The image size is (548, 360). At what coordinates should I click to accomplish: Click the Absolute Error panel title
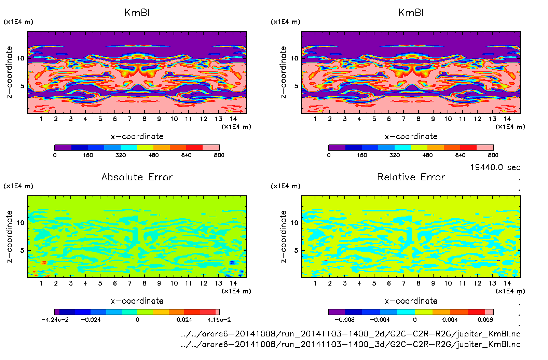click(x=137, y=177)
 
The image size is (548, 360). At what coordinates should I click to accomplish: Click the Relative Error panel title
click(x=411, y=177)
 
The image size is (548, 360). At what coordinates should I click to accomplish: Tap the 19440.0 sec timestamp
click(x=495, y=167)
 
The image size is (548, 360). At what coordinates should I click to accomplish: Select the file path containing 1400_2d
click(x=351, y=334)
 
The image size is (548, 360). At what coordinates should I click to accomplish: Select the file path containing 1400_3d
click(x=351, y=344)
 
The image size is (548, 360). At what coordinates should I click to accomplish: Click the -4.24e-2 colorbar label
click(x=55, y=320)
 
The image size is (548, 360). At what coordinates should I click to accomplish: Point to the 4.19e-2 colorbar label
click(x=219, y=320)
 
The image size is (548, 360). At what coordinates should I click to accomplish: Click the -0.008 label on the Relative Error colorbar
click(x=344, y=320)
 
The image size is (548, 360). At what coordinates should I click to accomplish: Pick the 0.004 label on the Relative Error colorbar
click(x=450, y=320)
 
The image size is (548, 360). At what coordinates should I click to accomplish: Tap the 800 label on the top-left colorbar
click(x=219, y=155)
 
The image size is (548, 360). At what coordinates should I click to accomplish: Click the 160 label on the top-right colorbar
click(x=361, y=155)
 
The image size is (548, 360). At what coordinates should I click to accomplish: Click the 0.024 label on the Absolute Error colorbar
click(x=184, y=320)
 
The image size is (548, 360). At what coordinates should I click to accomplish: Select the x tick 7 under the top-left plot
click(x=129, y=119)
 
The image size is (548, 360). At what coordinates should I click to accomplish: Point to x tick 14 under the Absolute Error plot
click(x=233, y=283)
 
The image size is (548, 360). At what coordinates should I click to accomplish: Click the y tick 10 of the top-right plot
click(x=294, y=58)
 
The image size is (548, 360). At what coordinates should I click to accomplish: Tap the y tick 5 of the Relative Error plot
click(x=296, y=250)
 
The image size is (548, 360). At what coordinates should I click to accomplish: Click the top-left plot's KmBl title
click(x=137, y=13)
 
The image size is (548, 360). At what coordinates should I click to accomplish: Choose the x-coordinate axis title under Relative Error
click(x=411, y=301)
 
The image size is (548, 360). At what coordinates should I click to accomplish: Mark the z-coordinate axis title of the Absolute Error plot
click(x=9, y=236)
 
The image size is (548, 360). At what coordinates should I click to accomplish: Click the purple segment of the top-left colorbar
click(x=63, y=148)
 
